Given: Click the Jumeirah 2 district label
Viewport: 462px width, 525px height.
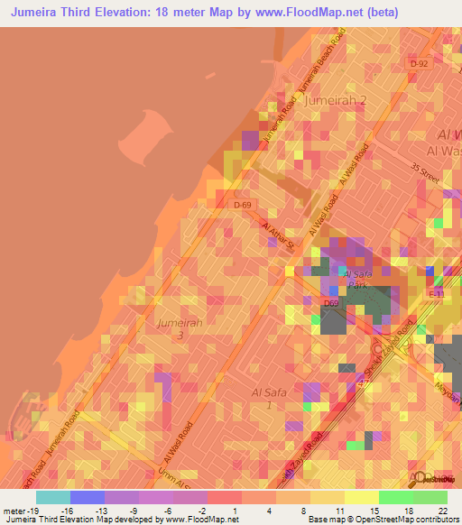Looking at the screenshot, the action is (x=336, y=101).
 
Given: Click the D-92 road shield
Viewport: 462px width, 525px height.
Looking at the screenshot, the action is (x=418, y=64).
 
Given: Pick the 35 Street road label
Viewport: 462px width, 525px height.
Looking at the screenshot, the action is (x=424, y=175).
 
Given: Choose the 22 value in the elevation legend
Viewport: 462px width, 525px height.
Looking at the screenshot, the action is (x=443, y=511).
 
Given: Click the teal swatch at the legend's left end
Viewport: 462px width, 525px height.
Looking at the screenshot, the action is (x=52, y=497).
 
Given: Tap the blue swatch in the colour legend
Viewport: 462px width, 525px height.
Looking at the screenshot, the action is (x=87, y=497).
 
